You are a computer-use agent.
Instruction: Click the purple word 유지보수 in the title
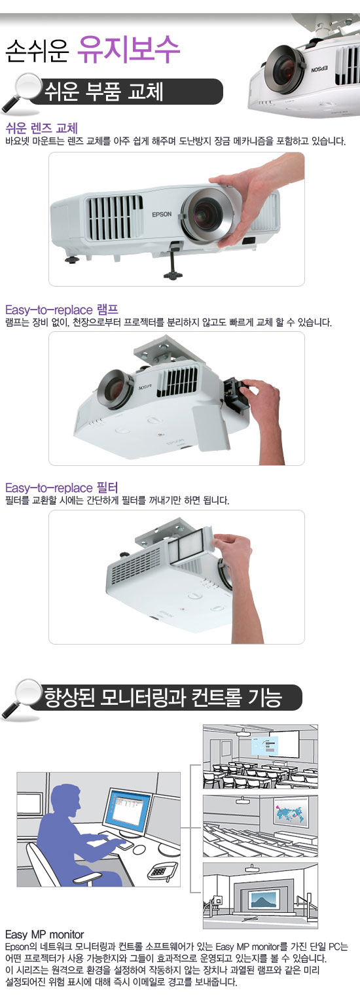[x=129, y=50]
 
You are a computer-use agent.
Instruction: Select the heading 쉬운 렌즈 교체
[x=41, y=128]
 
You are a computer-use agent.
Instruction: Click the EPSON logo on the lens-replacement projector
[x=162, y=214]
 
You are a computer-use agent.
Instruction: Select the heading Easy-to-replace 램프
[x=62, y=310]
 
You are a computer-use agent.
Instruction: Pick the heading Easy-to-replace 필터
[x=62, y=488]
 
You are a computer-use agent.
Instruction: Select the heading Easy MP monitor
[x=45, y=934]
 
